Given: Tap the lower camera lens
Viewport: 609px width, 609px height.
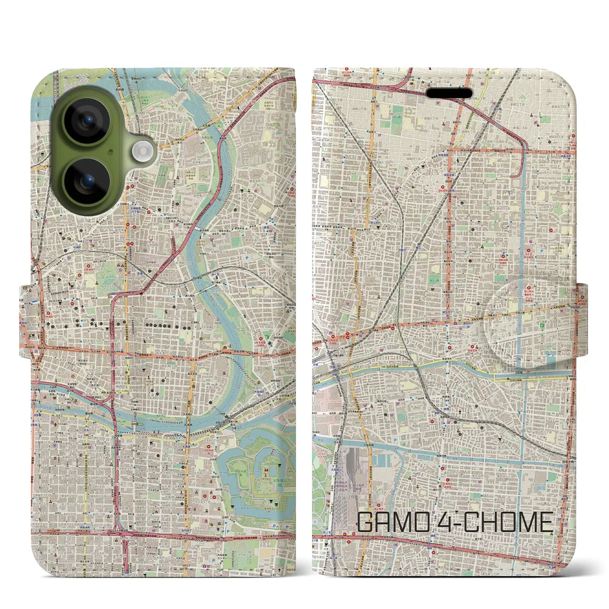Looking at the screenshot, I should [x=87, y=181].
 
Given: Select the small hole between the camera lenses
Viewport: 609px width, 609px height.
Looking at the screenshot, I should [x=110, y=152].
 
